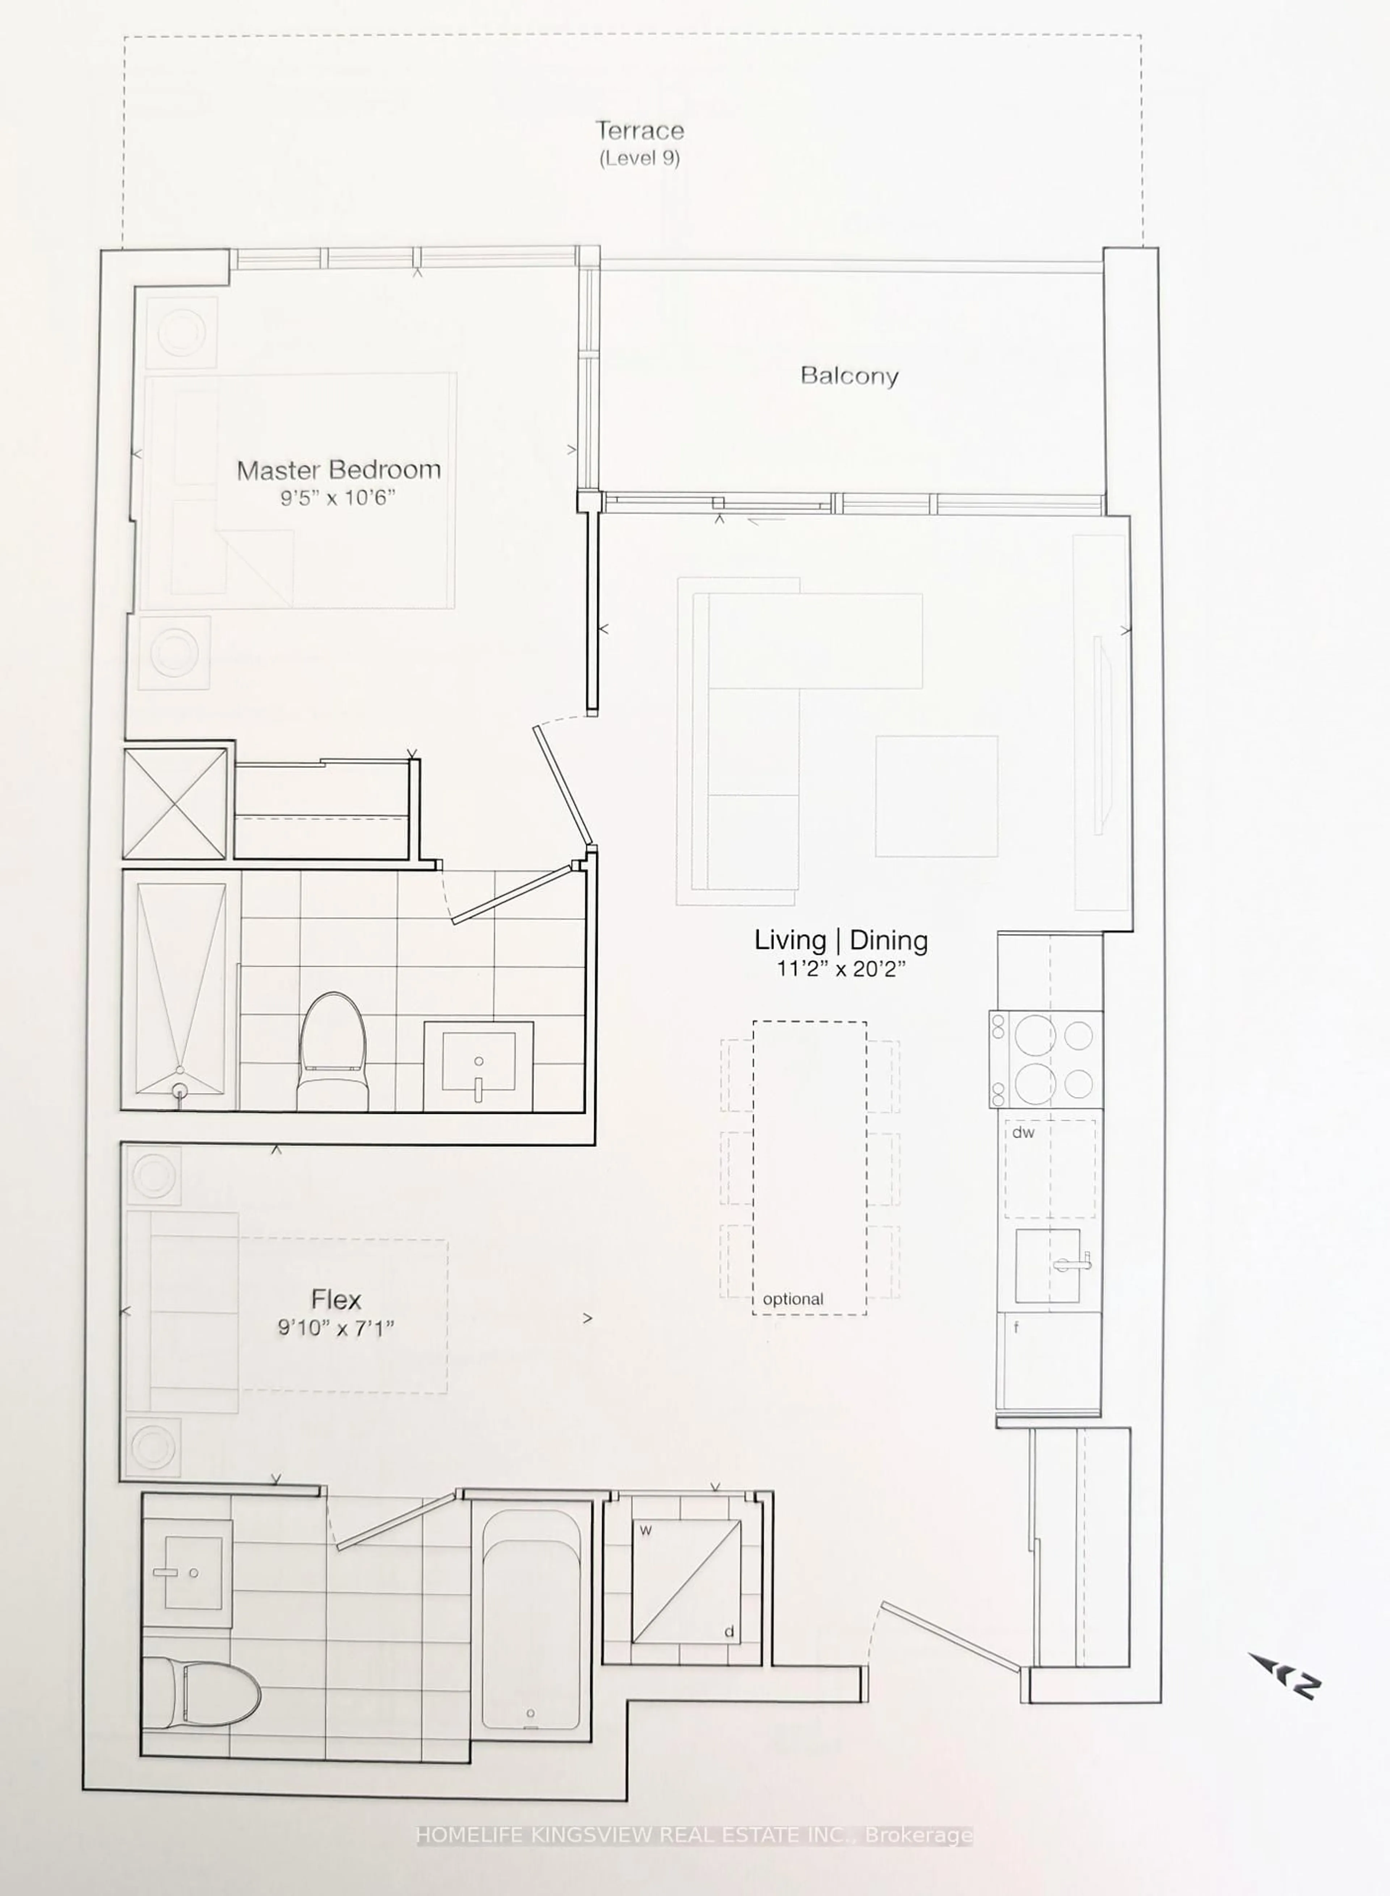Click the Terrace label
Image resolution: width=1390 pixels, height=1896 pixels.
[x=640, y=130]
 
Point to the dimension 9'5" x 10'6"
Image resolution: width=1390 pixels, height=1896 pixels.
[x=337, y=498]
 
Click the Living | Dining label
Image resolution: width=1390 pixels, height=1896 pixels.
[x=841, y=940]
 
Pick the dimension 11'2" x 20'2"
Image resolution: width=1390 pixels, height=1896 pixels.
[x=841, y=969]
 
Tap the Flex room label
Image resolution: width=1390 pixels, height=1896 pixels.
[x=336, y=1300]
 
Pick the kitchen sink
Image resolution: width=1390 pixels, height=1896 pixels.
[x=1048, y=1265]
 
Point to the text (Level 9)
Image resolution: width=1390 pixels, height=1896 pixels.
[x=640, y=158]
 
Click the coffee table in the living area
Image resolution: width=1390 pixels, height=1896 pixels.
[x=936, y=796]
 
